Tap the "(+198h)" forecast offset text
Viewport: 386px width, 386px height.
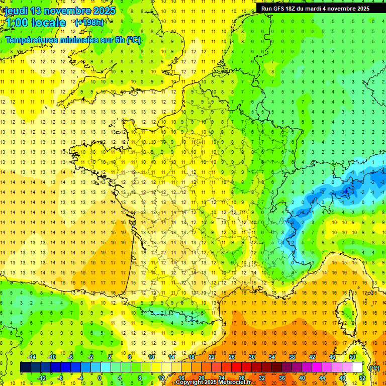point(89,22)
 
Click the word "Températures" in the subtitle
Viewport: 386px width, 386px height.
point(31,40)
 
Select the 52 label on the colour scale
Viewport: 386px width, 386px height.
point(362,378)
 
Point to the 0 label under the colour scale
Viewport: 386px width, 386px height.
point(100,378)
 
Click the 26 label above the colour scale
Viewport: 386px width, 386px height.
point(231,357)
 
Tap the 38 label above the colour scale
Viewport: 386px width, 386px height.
point(292,357)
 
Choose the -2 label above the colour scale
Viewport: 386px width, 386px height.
point(90,357)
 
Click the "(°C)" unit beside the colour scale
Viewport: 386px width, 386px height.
point(374,368)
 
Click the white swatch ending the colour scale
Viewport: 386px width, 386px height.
point(357,367)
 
